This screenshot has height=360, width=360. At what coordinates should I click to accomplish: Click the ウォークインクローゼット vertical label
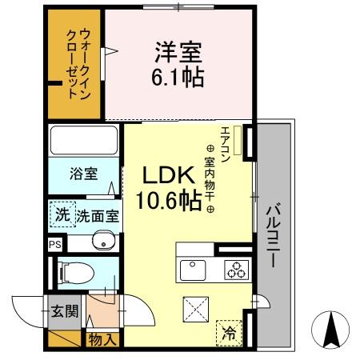(78, 64)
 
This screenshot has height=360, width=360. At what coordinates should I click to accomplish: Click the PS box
(54, 245)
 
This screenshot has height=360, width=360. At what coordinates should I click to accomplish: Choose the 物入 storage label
(103, 340)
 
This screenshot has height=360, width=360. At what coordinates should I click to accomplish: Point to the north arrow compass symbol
(332, 328)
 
